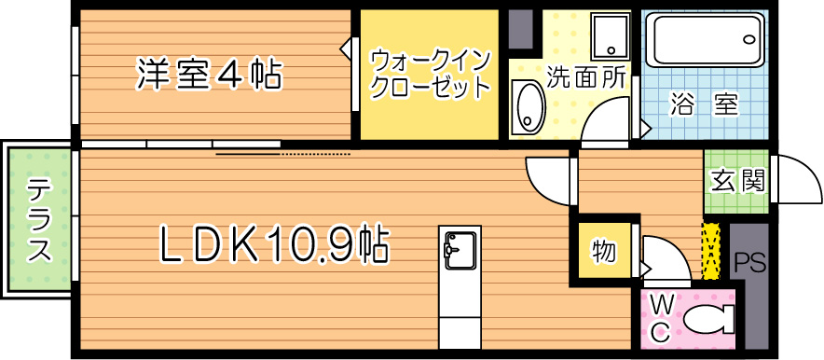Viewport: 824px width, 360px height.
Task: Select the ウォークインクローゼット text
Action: tap(430, 74)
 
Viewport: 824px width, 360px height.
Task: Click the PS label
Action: tap(750, 263)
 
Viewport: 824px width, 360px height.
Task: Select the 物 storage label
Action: tap(603, 251)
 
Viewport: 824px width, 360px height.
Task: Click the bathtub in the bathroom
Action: tap(703, 42)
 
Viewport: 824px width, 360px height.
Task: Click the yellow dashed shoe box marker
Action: tap(712, 250)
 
